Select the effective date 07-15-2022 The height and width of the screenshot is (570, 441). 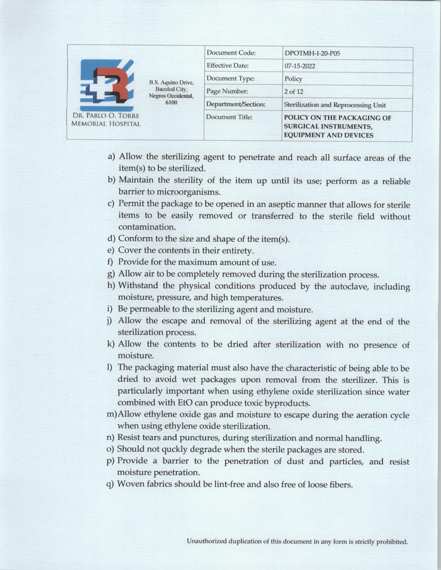pyautogui.click(x=300, y=66)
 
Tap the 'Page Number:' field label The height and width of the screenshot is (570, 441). pyautogui.click(x=227, y=91)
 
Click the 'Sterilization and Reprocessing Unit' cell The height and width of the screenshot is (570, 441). pyautogui.click(x=334, y=105)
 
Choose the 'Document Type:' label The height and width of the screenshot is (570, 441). pyautogui.click(x=230, y=78)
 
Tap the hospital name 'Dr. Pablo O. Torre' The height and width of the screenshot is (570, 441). pyautogui.click(x=106, y=116)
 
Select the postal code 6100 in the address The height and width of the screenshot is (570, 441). pyautogui.click(x=171, y=103)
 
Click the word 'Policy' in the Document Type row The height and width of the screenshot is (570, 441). pyautogui.click(x=293, y=79)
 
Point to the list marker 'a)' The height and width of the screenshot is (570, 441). pyautogui.click(x=111, y=156)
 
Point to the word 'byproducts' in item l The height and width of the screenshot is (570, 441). pyautogui.click(x=291, y=403)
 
